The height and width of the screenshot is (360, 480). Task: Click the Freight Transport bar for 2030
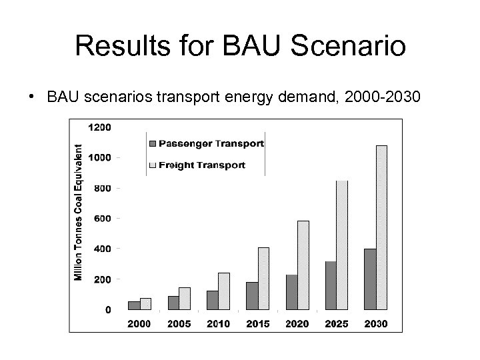tap(381, 227)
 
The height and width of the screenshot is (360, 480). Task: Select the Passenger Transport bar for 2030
tap(370, 279)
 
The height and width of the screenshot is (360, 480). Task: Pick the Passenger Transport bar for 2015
tap(252, 296)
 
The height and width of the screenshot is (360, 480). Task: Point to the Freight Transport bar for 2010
tap(224, 291)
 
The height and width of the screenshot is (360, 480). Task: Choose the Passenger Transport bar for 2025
tap(331, 285)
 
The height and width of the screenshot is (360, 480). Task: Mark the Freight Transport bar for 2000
tap(145, 304)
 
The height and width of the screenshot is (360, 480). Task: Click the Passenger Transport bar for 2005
tap(173, 303)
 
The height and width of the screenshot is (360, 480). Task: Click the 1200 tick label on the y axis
tap(102, 127)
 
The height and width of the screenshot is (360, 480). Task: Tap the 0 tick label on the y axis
tap(108, 309)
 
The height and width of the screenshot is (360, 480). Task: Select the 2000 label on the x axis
tap(139, 324)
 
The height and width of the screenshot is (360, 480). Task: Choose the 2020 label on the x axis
tap(297, 324)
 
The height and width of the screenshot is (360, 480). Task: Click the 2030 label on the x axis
tap(375, 324)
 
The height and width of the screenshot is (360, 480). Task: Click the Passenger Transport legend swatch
tap(152, 143)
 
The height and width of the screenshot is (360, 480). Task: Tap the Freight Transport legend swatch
tap(152, 165)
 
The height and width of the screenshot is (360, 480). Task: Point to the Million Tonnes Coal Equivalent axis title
tap(79, 213)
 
